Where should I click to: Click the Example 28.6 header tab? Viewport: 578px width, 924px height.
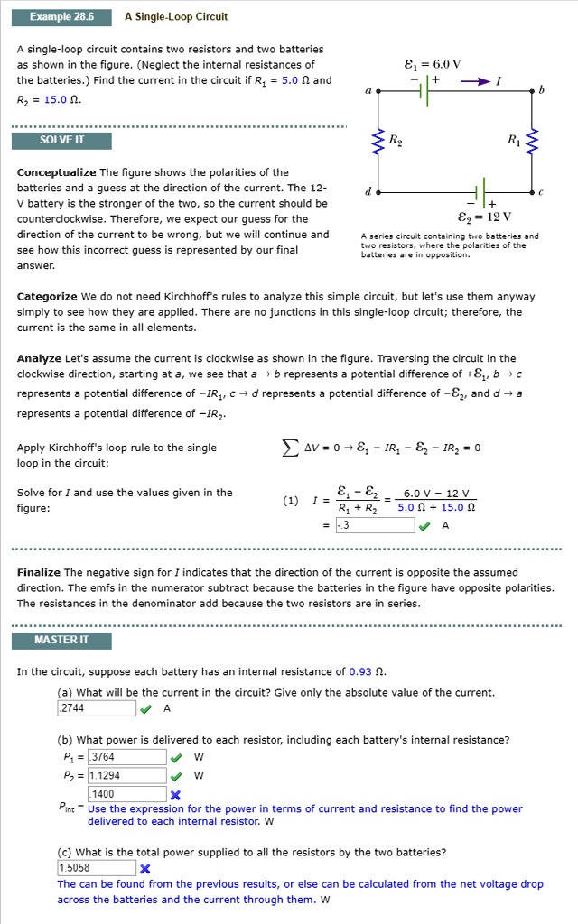point(61,17)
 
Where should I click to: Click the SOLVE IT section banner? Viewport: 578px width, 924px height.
point(61,141)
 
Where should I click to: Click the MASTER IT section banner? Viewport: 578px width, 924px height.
point(61,641)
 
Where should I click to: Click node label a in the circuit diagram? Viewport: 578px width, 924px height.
point(367,91)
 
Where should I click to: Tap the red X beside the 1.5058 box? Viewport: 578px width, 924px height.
point(144,868)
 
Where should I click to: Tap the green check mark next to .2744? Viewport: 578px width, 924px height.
point(146,708)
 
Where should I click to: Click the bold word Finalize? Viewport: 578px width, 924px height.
point(39,572)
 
